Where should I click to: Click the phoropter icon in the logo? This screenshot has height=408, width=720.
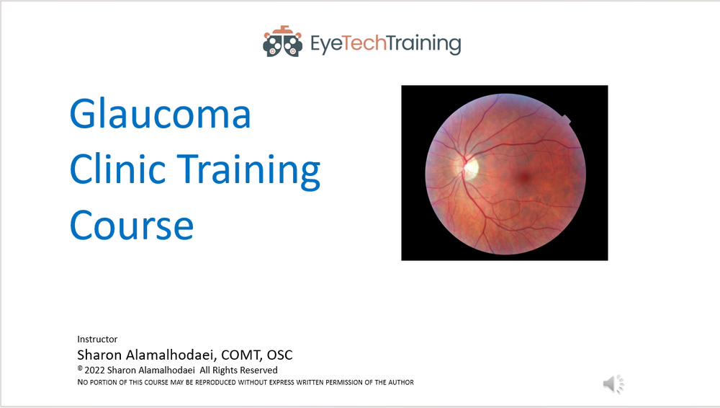pyautogui.click(x=282, y=43)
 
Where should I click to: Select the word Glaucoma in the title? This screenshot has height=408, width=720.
pyautogui.click(x=160, y=115)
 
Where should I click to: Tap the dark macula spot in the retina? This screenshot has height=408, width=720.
pyautogui.click(x=524, y=175)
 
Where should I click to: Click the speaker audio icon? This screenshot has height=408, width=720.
pyautogui.click(x=613, y=384)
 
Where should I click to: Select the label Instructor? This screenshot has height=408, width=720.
pyautogui.click(x=97, y=339)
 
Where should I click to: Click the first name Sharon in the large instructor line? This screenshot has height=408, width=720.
pyautogui.click(x=99, y=355)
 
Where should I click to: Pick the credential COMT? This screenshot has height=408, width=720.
pyautogui.click(x=242, y=355)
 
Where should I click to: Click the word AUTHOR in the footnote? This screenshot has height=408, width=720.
pyautogui.click(x=397, y=382)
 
